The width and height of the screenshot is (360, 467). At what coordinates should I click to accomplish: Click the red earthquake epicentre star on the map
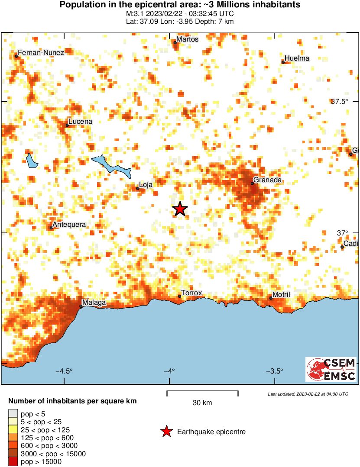[179, 209]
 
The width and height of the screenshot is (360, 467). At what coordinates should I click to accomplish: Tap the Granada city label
[268, 180]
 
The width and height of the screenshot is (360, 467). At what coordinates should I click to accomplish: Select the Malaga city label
[94, 303]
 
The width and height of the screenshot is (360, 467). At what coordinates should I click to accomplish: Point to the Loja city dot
[138, 188]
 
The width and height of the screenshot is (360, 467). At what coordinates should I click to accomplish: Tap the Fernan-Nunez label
[41, 52]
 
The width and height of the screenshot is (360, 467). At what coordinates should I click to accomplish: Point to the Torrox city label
[191, 293]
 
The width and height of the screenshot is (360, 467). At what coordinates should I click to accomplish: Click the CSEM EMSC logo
[331, 369]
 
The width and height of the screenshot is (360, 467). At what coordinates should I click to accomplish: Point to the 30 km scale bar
[202, 393]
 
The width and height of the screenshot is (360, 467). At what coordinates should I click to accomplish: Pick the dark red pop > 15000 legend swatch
[13, 462]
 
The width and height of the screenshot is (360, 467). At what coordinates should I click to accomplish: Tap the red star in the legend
[165, 432]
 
